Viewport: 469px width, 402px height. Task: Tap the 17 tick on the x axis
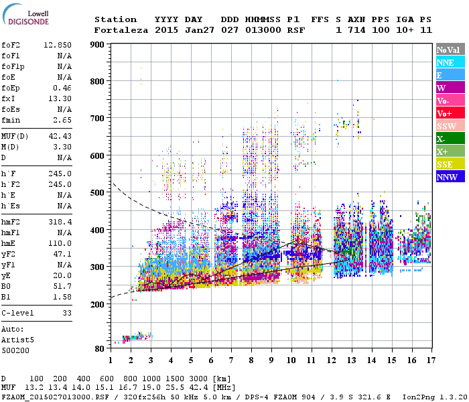pyautogui.click(x=431, y=360)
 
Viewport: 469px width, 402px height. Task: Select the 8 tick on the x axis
pyautogui.click(x=251, y=360)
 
